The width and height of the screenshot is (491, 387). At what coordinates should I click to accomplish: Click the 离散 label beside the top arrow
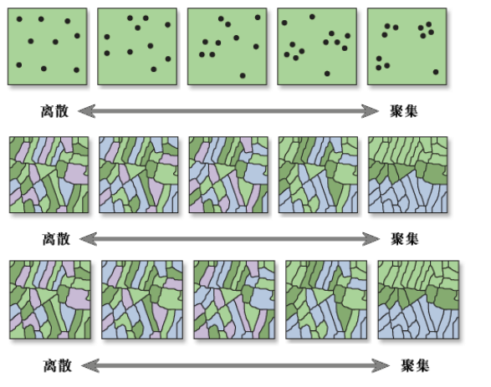[x=54, y=111]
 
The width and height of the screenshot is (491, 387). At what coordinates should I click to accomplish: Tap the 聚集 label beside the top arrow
[x=403, y=111]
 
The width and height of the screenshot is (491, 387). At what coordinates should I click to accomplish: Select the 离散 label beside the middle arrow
[x=56, y=239]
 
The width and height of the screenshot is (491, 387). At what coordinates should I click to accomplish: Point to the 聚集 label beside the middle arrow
[x=404, y=239]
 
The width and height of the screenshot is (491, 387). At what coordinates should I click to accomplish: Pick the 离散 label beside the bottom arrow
[x=58, y=365]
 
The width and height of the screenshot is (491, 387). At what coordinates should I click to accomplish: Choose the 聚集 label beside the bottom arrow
[x=415, y=365]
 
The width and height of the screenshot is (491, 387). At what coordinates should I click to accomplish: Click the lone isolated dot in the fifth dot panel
[x=436, y=72]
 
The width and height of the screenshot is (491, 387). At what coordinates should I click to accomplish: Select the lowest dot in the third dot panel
[x=243, y=75]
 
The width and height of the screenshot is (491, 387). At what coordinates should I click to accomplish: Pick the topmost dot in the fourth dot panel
[x=312, y=17]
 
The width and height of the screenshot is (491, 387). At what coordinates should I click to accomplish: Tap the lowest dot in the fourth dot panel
[x=327, y=74]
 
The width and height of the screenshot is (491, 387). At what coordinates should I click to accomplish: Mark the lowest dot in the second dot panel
[x=153, y=69]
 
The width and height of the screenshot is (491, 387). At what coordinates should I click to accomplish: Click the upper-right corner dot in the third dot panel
[x=258, y=18]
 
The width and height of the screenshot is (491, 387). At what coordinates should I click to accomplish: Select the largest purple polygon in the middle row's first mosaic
[x=76, y=174]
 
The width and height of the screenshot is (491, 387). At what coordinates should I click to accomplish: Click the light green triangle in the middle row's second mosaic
[x=135, y=170]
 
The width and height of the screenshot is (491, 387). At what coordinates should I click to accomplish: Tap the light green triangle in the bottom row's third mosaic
[x=229, y=294]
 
